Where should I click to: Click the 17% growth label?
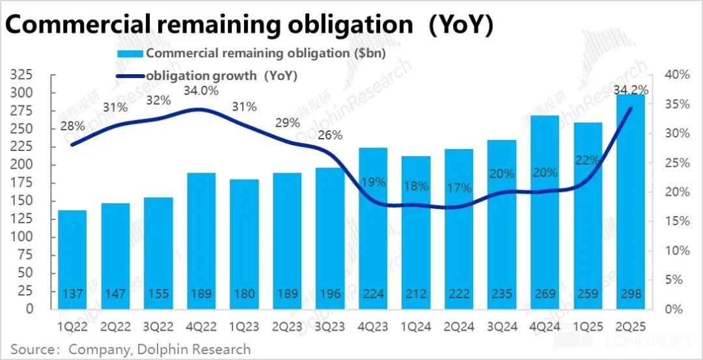point(459,189)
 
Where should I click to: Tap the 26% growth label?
point(330,135)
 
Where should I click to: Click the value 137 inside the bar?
point(72,294)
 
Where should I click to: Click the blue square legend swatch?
point(130,53)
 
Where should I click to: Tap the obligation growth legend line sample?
point(130,76)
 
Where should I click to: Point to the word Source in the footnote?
point(33,349)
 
